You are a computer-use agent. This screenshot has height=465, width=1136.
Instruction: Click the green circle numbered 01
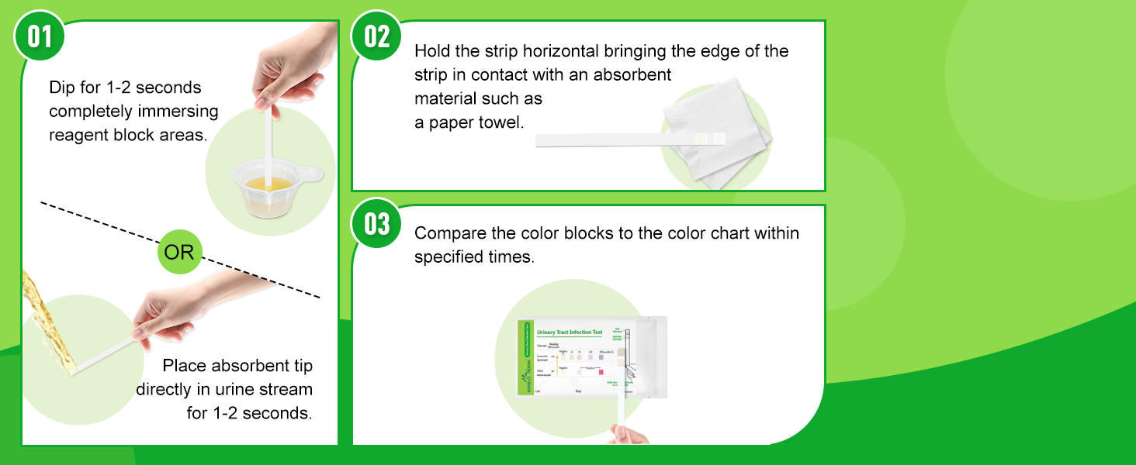(x=40, y=36)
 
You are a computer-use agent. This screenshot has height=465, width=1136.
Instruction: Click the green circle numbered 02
(x=377, y=36)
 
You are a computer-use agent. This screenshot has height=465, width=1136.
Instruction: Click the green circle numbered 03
(x=377, y=224)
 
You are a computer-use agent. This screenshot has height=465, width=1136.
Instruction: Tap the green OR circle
(x=179, y=252)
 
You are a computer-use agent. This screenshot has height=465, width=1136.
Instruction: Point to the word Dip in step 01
(x=61, y=87)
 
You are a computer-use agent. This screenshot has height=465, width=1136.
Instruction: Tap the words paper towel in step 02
(x=478, y=122)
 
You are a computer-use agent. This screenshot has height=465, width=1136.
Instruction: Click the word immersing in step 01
(x=183, y=111)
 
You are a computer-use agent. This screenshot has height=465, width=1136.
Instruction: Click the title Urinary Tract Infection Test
(x=570, y=332)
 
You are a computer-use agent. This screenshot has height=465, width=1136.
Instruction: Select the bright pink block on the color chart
(x=600, y=373)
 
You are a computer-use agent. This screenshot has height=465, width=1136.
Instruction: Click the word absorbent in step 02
(x=629, y=74)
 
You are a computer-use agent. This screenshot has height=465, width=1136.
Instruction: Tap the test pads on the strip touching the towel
(x=712, y=139)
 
